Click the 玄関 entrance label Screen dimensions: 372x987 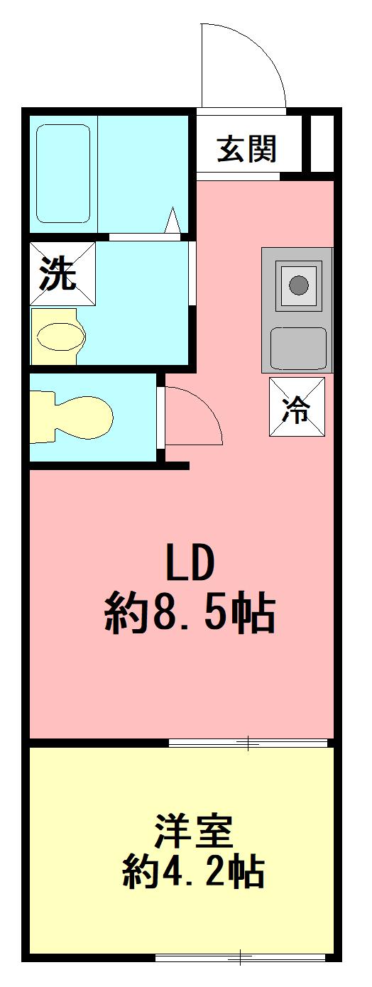pyautogui.click(x=247, y=149)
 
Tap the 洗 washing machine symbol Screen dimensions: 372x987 pyautogui.click(x=62, y=273)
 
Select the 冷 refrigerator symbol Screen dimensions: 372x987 pyautogui.click(x=297, y=407)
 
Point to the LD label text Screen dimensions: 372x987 pyautogui.click(x=190, y=563)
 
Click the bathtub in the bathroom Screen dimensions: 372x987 pyautogui.click(x=63, y=173)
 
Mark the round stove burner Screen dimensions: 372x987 pyautogui.click(x=298, y=285)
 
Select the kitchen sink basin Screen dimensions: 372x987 pyautogui.click(x=298, y=349)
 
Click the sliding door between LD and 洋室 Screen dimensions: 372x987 pyautogui.click(x=248, y=743)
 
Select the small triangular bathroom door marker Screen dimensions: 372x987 pyautogui.click(x=173, y=220)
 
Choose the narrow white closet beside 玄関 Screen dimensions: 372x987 pyautogui.click(x=322, y=143)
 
